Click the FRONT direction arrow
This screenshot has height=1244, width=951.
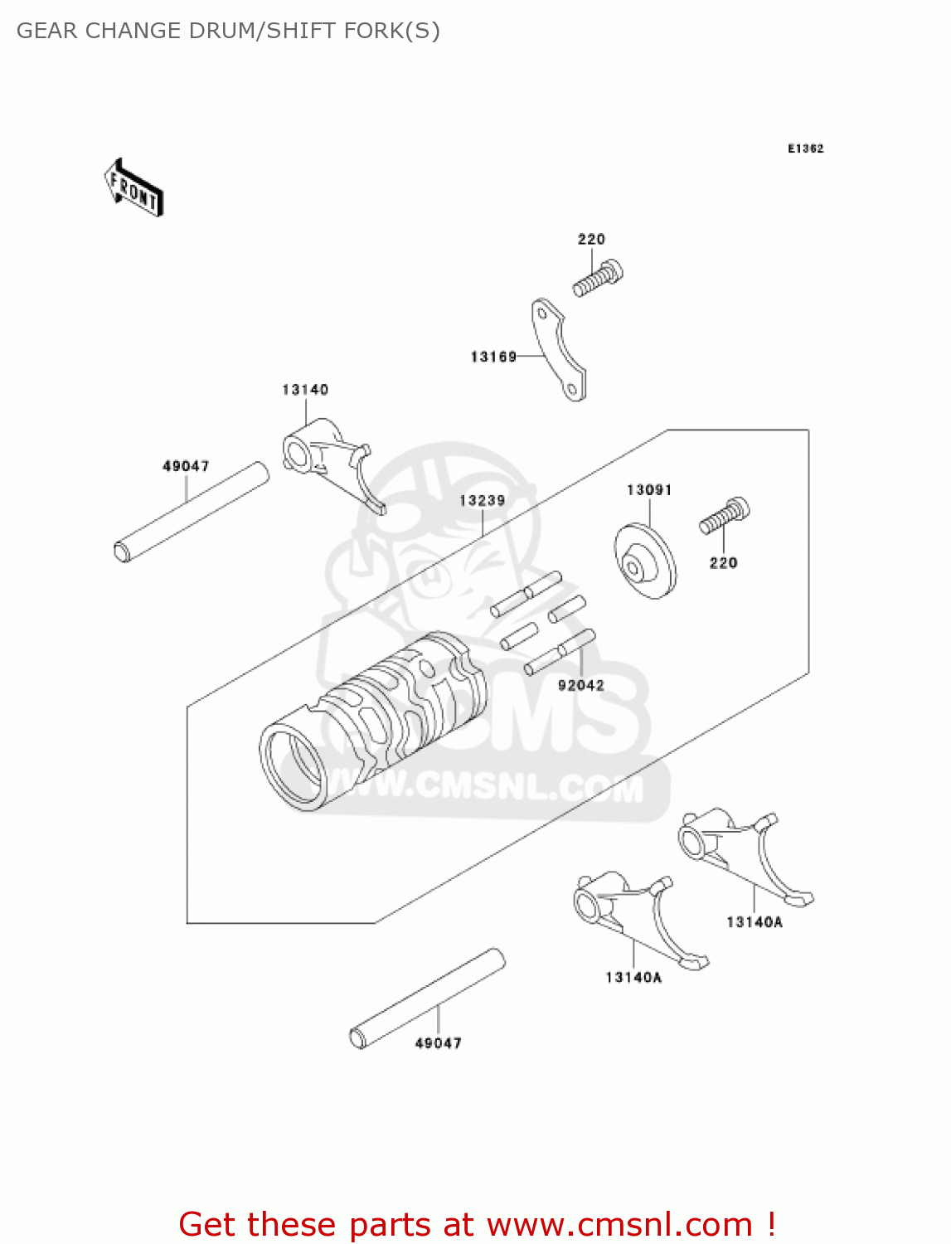133,188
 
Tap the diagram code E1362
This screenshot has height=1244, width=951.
805,148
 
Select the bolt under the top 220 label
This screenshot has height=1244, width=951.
598,278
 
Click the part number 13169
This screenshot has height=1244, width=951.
493,357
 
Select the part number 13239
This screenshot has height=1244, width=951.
482,500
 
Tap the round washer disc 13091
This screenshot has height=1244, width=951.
644,561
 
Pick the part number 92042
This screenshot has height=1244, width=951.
580,685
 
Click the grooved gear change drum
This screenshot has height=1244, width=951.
373,721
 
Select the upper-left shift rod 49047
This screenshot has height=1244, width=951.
192,512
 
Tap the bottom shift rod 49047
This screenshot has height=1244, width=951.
428,998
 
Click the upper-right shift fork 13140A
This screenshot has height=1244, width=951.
742,853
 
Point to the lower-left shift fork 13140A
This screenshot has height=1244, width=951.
638,916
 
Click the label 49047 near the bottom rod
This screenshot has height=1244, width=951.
438,1043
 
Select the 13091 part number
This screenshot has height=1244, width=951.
649,490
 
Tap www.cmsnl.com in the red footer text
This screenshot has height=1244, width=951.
619,1224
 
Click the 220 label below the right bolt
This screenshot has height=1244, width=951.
723,563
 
